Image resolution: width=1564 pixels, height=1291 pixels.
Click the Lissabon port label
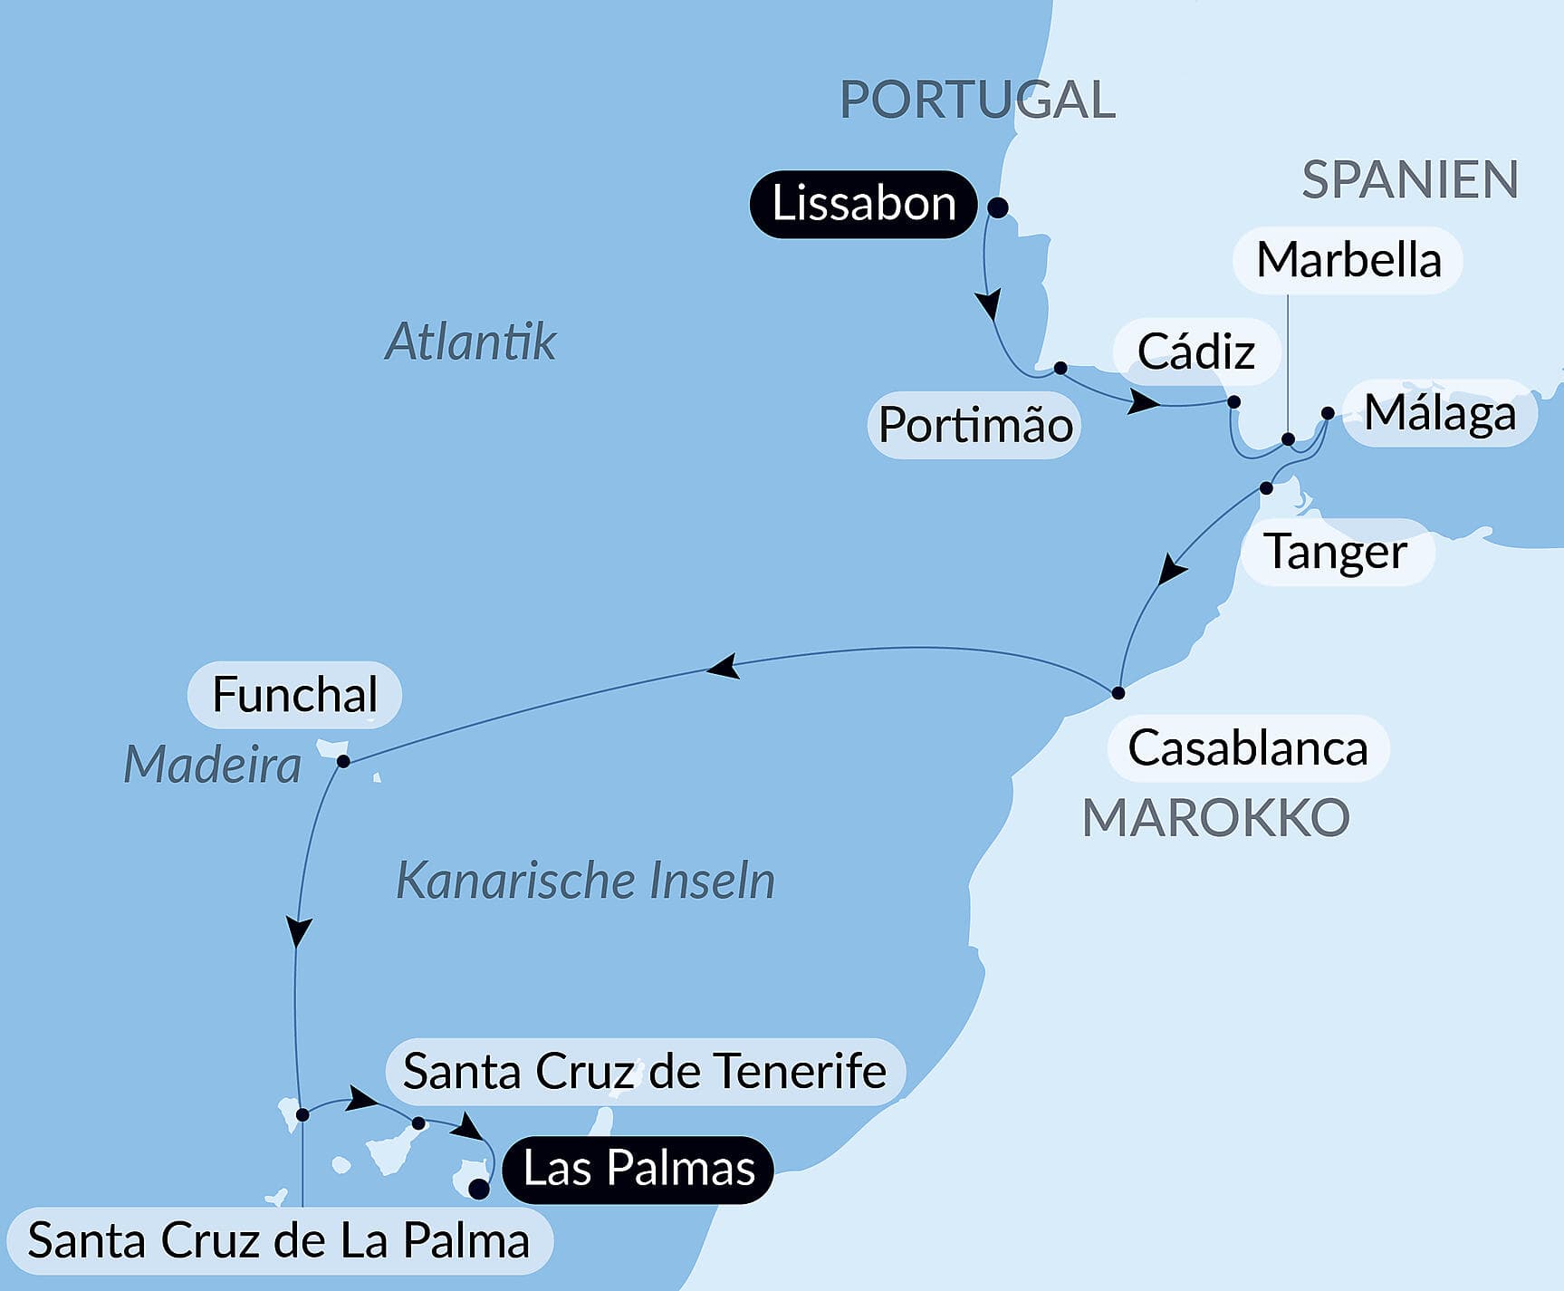(863, 204)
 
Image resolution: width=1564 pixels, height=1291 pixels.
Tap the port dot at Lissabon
(997, 208)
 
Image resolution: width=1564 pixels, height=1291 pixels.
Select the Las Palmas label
(638, 1169)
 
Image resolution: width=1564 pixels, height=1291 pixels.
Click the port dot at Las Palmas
(478, 1190)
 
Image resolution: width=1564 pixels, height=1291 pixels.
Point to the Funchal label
(294, 695)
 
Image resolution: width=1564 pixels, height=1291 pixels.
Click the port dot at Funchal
(343, 761)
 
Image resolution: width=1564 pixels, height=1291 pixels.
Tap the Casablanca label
(1247, 748)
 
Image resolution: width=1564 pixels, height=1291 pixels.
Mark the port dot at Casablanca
(1118, 693)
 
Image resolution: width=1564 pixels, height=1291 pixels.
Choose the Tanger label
(1336, 552)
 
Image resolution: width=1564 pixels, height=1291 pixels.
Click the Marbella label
(1348, 260)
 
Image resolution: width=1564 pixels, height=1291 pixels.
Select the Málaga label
(1440, 413)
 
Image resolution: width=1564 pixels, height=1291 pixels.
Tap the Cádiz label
(1195, 352)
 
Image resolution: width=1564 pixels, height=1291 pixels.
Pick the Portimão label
(975, 425)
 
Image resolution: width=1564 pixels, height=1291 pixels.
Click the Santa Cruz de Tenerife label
(644, 1072)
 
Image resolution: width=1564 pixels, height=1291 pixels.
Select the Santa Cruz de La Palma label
(279, 1240)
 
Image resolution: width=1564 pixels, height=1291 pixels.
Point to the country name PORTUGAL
(977, 100)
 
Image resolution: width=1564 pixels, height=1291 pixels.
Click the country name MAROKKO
(1215, 818)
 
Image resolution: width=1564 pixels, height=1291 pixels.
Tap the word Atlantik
(470, 342)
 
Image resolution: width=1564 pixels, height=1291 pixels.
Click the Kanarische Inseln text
(586, 881)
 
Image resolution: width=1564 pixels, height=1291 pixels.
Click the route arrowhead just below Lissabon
(990, 303)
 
